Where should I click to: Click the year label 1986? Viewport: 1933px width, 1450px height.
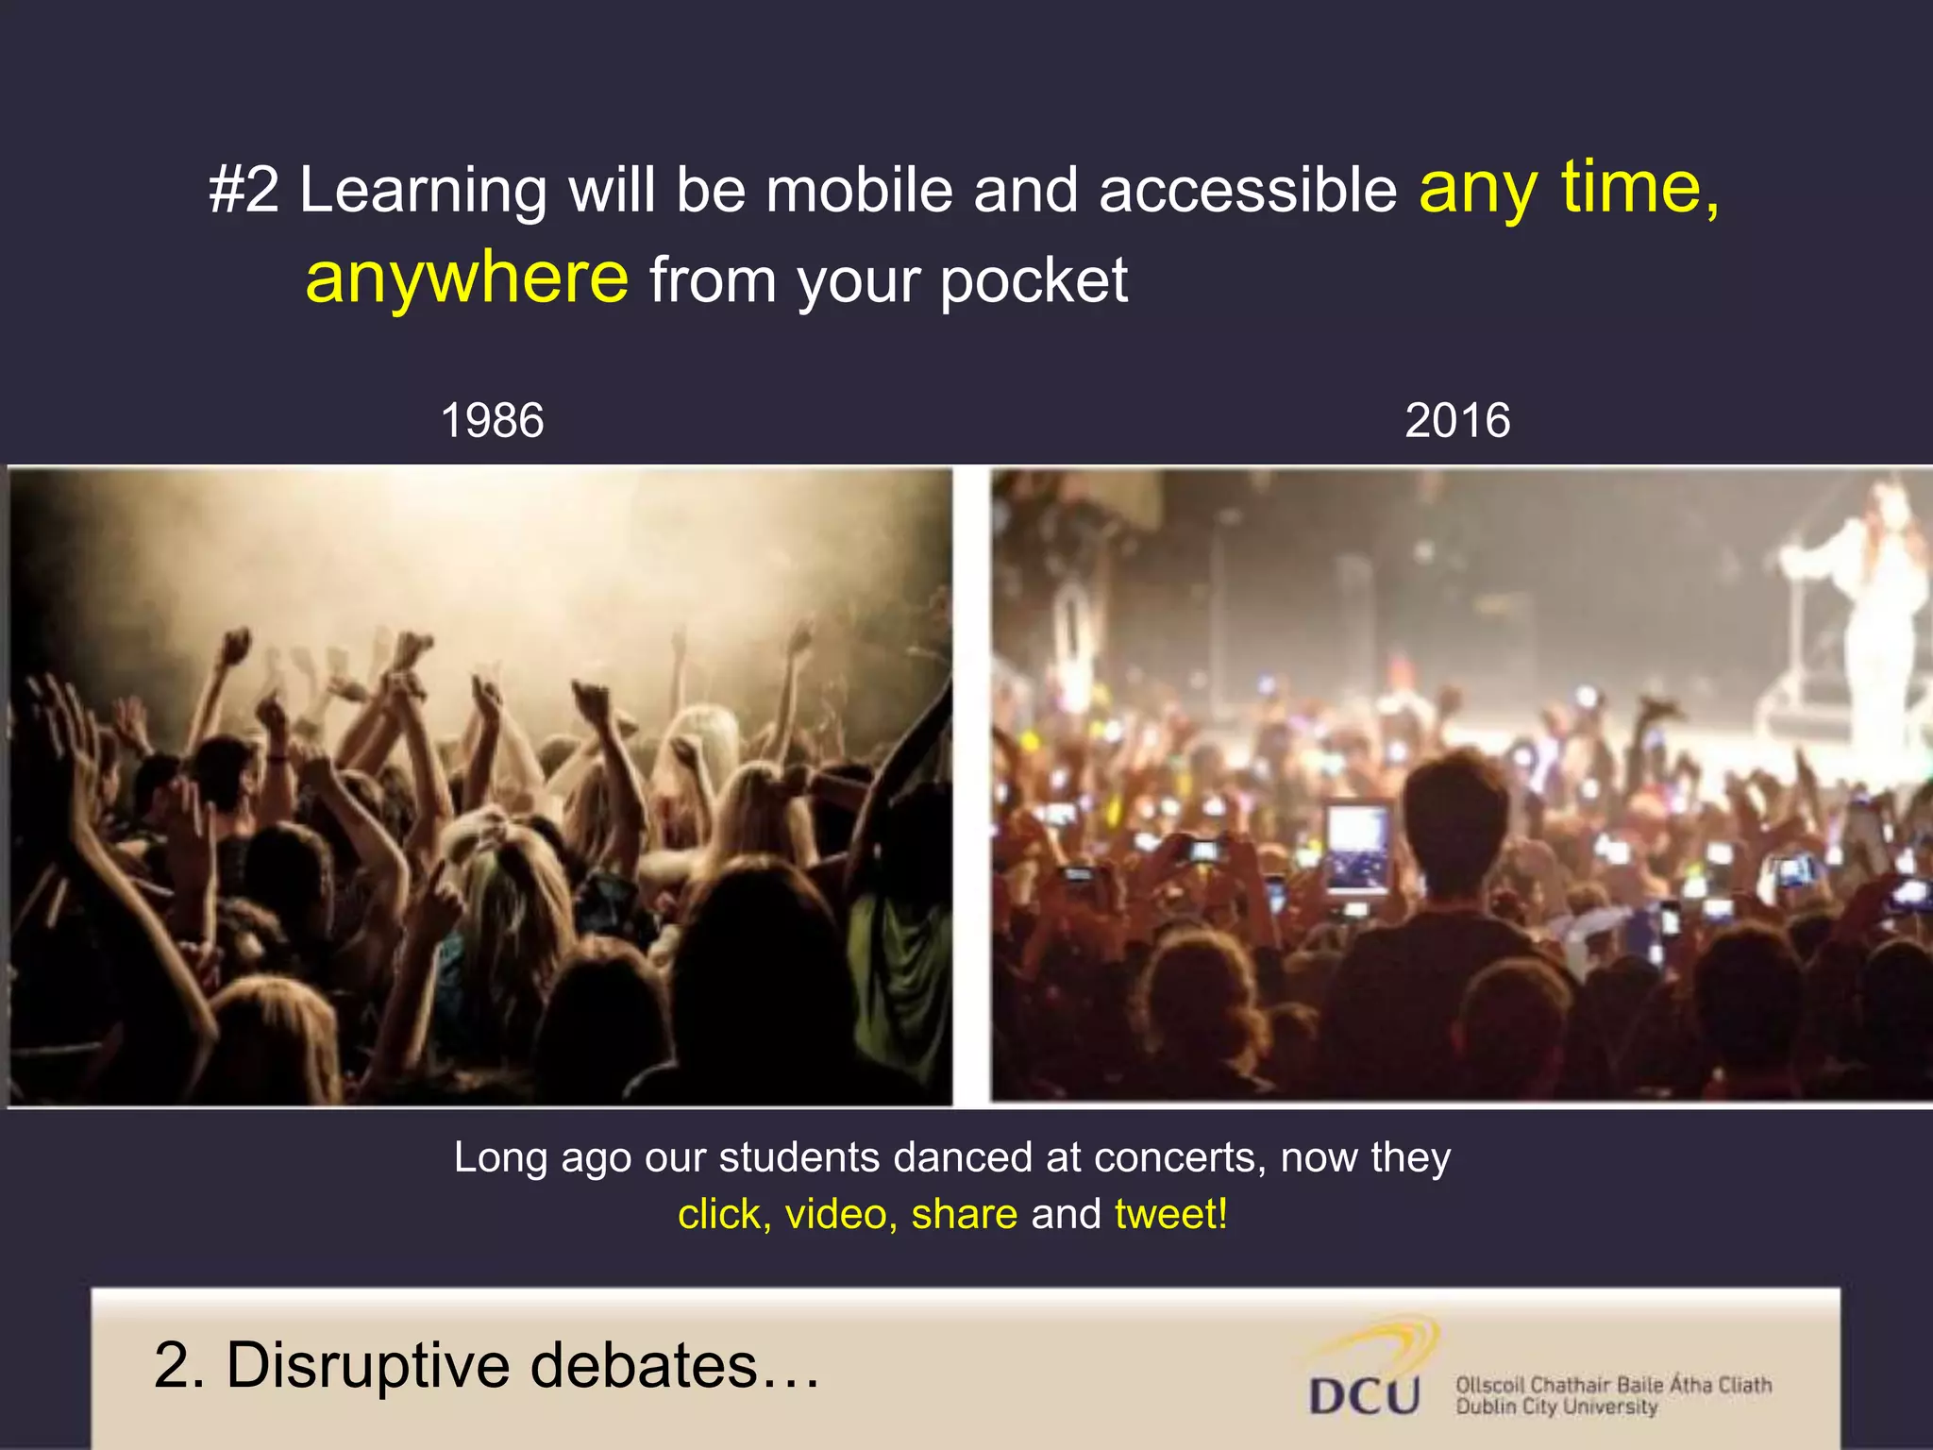pos(492,420)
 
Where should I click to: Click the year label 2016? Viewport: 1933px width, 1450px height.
pos(1456,420)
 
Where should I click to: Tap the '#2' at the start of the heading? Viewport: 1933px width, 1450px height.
pos(244,189)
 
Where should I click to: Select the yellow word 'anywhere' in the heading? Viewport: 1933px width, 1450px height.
pos(466,278)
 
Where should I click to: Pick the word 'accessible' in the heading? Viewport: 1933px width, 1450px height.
pos(1247,190)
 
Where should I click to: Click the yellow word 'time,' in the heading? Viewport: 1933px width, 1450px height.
pos(1639,188)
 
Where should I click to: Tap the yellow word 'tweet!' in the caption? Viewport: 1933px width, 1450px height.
pos(1170,1214)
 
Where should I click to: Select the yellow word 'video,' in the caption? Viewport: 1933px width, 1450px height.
pos(841,1214)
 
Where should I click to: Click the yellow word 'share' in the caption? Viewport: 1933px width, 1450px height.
pos(964,1214)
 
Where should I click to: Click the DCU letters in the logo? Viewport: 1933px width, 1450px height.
pos(1364,1395)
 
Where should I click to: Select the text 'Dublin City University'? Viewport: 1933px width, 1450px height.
pos(1555,1407)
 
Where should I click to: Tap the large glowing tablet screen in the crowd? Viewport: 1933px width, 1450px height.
pos(1357,846)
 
